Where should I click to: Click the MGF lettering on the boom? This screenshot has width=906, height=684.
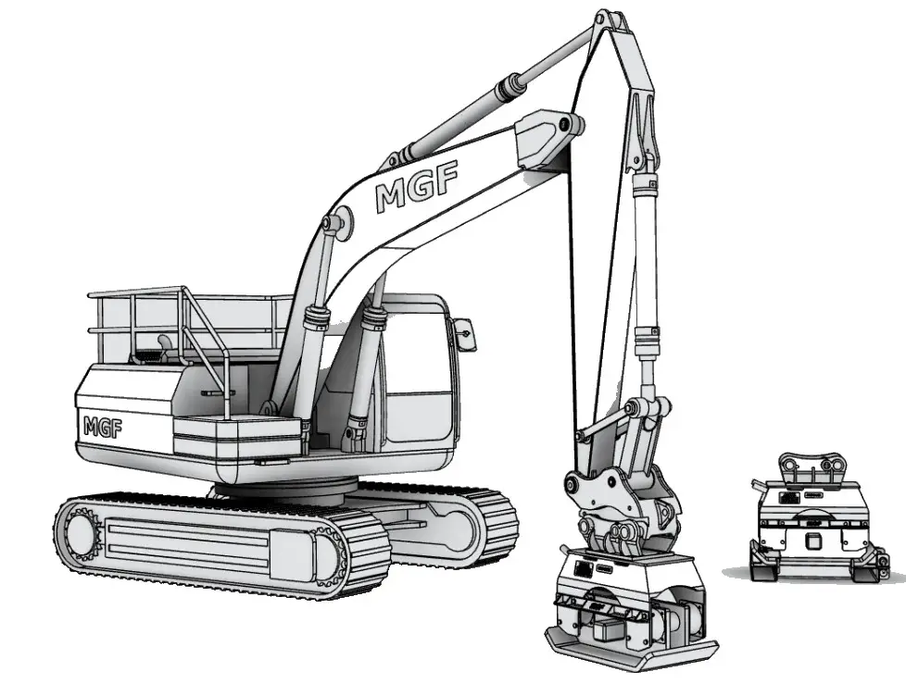pos(416,189)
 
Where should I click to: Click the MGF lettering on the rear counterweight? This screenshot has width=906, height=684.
pos(102,426)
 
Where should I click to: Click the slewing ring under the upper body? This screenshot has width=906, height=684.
pos(287,488)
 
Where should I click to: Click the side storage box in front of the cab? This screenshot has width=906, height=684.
pos(236,440)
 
